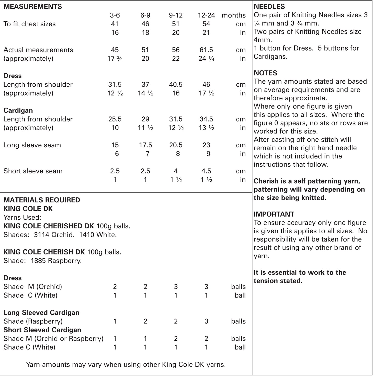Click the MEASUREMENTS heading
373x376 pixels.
coord(33,7)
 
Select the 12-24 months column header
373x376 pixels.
coord(206,15)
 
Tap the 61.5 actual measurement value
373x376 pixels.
coord(206,50)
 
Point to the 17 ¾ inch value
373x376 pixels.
coord(115,59)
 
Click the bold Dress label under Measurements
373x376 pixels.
coord(12,76)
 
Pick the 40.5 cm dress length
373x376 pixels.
coord(176,84)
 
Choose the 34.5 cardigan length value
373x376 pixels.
coord(206,119)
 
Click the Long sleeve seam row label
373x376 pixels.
coord(32,145)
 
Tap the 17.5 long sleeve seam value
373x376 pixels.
coord(145,145)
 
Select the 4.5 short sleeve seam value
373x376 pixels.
coord(206,171)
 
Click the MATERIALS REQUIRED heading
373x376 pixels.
coord(42,200)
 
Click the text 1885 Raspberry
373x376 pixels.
coord(56,261)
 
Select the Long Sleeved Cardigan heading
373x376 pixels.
coord(41,313)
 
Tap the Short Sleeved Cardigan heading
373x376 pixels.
coord(42,330)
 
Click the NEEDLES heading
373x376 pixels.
coord(269,7)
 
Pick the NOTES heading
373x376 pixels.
coord(265,73)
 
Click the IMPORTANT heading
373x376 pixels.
coord(274,214)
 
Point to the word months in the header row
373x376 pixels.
coord(233,15)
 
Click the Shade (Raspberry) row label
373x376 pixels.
coord(33,321)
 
